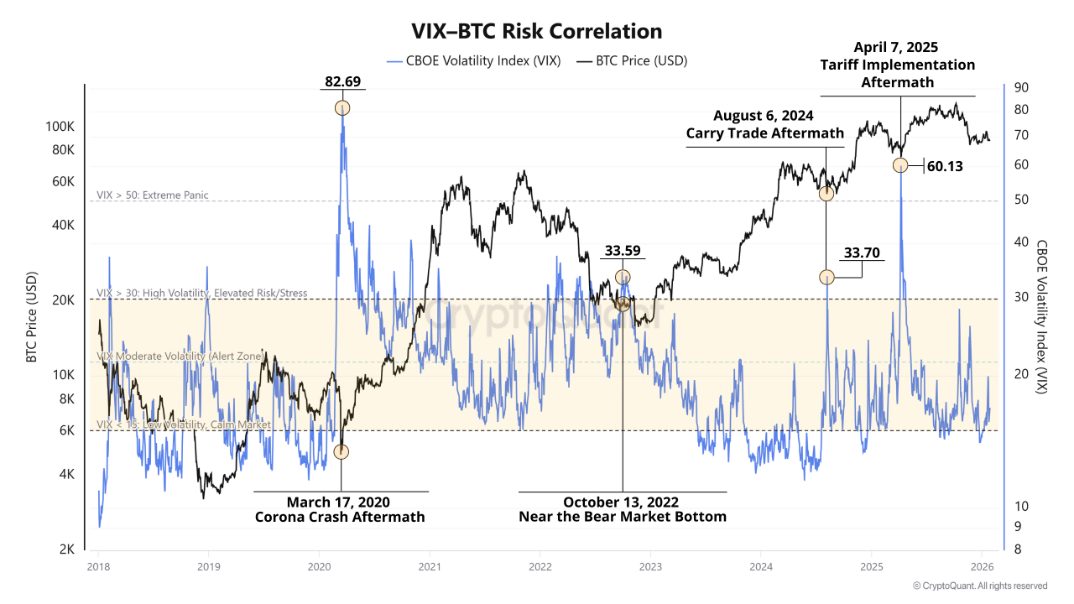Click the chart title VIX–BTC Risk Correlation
click(x=536, y=32)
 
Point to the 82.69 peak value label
click(x=342, y=81)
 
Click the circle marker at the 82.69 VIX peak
click(x=342, y=107)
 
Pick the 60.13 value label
click(x=945, y=166)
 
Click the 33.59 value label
click(x=623, y=251)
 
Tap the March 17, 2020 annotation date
click(x=338, y=502)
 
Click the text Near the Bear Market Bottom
click(x=623, y=517)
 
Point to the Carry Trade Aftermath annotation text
click(x=764, y=133)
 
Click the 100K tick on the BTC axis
click(x=60, y=127)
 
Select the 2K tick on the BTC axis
click(x=66, y=549)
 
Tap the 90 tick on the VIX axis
click(x=1021, y=87)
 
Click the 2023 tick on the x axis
click(x=649, y=565)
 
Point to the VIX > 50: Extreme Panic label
click(x=153, y=195)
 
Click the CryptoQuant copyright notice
click(x=979, y=586)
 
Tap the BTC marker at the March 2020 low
click(x=341, y=451)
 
